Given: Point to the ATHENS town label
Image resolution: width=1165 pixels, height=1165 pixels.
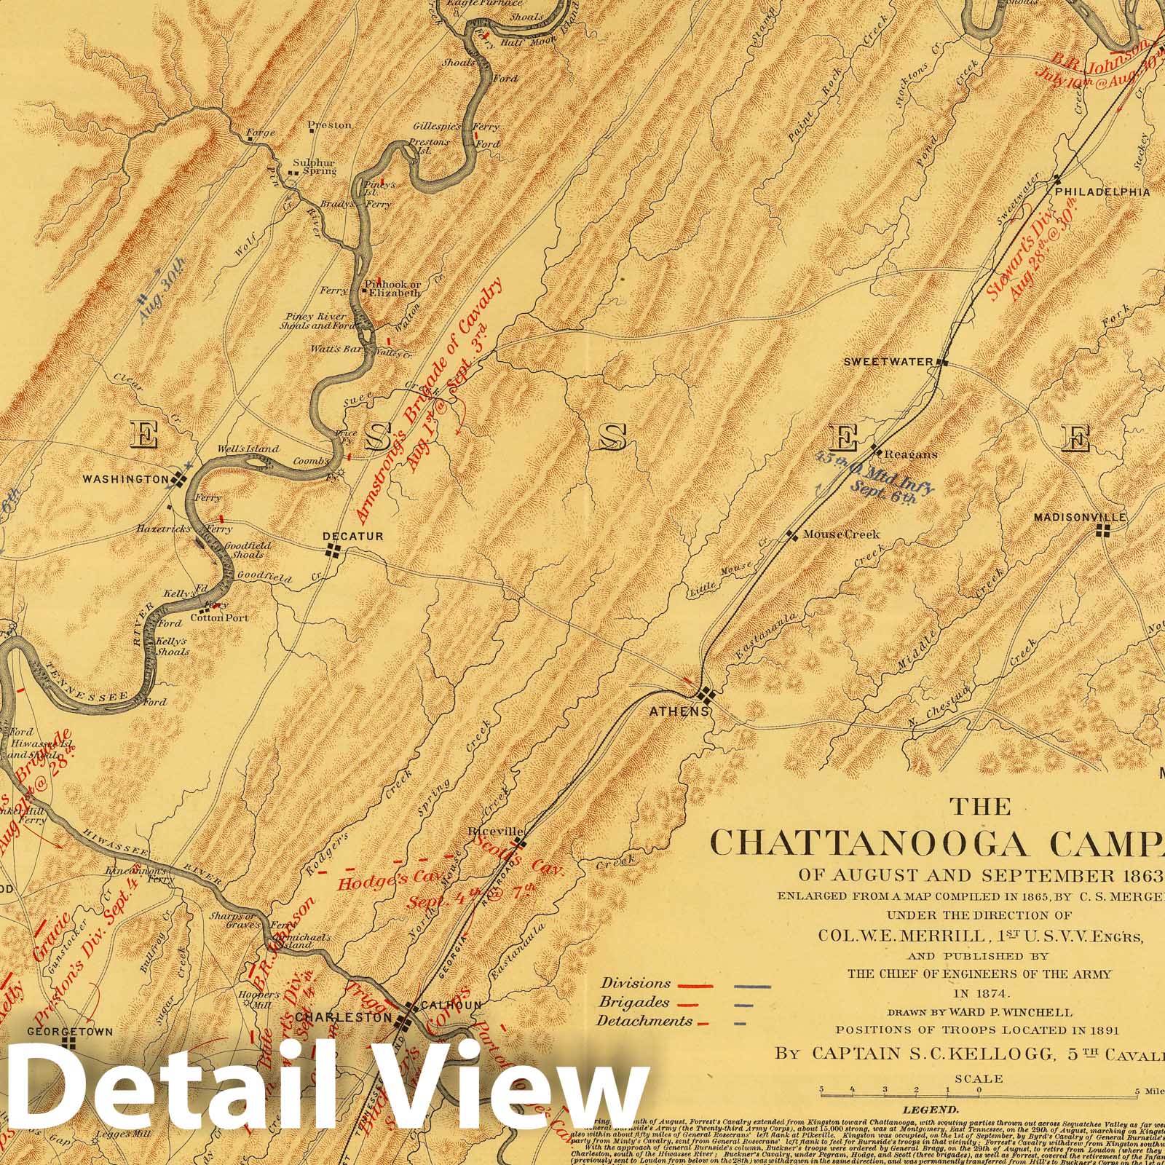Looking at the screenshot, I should point(679,711).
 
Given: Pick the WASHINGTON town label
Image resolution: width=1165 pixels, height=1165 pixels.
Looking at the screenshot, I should point(126,479).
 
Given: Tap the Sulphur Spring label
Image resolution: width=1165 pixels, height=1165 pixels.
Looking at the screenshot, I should point(315,167).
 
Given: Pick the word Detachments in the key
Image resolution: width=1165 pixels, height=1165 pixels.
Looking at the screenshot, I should point(644,1021).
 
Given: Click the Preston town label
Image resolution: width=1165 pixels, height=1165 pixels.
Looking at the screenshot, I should point(329,125).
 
